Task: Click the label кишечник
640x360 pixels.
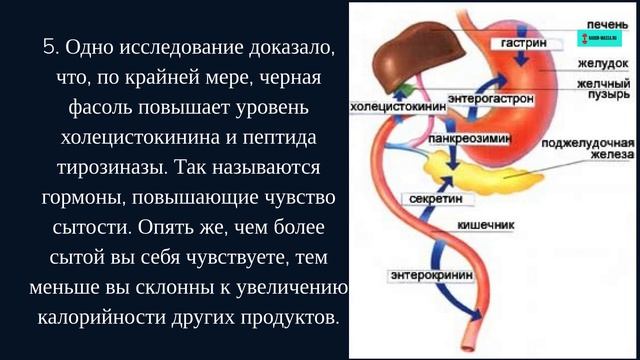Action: pyautogui.click(x=485, y=225)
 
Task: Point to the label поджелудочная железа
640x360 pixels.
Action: pyautogui.click(x=588, y=149)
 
